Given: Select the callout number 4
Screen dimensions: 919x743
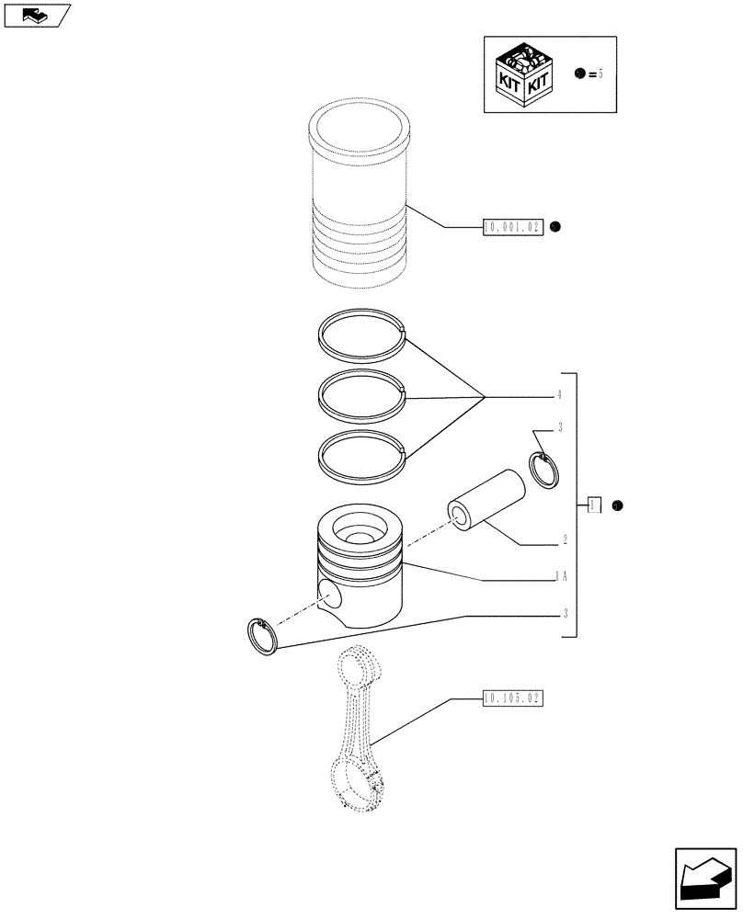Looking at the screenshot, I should [558, 395].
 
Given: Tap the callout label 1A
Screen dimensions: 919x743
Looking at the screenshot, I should [560, 576].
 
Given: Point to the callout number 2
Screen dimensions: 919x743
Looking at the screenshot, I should [563, 541].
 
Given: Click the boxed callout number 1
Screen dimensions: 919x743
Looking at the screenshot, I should [594, 505].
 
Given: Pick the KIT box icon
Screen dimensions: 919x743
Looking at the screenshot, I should [523, 75].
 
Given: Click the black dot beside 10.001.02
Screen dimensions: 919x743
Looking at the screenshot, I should [556, 225].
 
